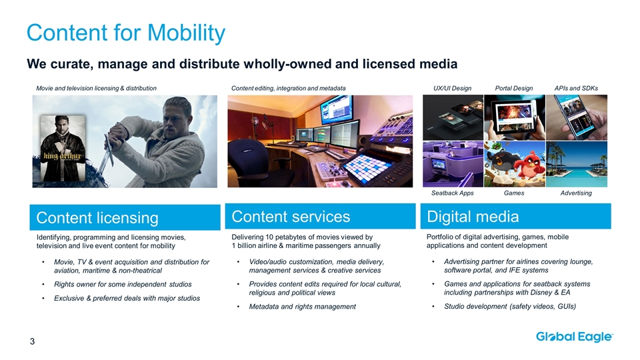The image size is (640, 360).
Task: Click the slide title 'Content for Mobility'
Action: click(x=126, y=33)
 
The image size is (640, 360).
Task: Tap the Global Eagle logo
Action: click(x=575, y=337)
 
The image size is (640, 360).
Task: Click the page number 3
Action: click(x=32, y=341)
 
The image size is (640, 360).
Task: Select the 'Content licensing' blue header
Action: click(x=125, y=217)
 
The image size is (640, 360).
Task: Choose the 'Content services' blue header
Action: click(x=320, y=216)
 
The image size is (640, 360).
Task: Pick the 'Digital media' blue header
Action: click(x=515, y=216)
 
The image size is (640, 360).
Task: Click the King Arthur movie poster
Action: click(x=63, y=148)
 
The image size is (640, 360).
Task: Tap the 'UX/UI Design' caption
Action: click(x=452, y=88)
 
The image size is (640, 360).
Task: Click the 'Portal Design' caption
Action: click(x=514, y=88)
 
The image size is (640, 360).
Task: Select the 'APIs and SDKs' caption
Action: click(x=576, y=88)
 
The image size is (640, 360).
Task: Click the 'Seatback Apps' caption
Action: click(x=453, y=193)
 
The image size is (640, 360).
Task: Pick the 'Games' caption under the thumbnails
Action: click(x=514, y=193)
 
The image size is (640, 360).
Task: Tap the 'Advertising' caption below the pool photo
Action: click(x=576, y=193)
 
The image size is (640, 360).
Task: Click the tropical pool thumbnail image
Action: click(x=576, y=164)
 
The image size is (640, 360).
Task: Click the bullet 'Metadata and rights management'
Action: click(x=303, y=307)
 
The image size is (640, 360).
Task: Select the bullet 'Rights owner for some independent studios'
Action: click(x=123, y=285)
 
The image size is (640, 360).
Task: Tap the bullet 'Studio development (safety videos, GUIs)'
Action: click(x=510, y=307)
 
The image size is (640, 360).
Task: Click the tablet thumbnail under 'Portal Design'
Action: click(x=514, y=117)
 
